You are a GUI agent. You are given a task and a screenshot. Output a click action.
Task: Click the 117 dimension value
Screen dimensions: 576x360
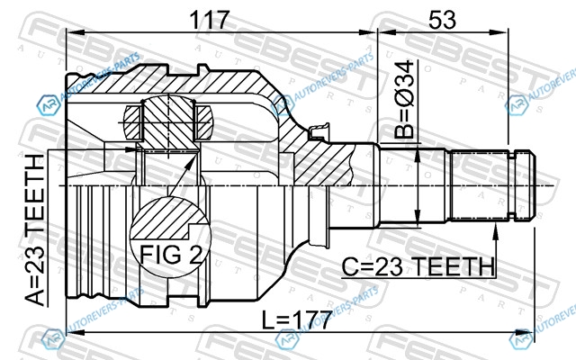[x=210, y=20]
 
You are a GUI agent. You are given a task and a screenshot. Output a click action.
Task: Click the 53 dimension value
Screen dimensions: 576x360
[x=442, y=20]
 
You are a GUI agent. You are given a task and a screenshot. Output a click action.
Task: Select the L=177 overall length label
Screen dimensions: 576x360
[x=297, y=320]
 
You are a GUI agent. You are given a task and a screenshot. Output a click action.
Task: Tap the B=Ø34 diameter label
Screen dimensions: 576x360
[x=404, y=100]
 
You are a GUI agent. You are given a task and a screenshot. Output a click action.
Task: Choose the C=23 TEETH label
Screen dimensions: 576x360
[x=418, y=266]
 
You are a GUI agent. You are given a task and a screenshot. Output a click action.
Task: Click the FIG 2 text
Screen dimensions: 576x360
[x=171, y=254]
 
